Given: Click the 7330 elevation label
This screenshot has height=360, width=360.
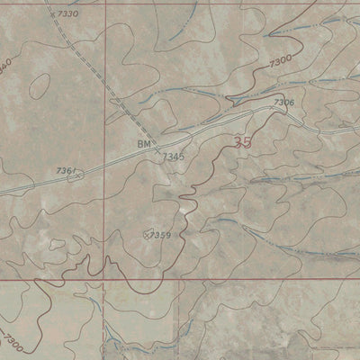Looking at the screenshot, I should click(67, 15).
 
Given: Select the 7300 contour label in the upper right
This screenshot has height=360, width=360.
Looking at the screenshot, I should click(280, 60).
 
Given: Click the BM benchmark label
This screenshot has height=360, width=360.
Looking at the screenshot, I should click(144, 144).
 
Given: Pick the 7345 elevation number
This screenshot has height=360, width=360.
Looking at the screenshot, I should click(174, 157).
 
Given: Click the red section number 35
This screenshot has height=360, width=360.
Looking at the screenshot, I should click(242, 142).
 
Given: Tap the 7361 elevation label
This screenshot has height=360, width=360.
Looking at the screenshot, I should click(65, 170).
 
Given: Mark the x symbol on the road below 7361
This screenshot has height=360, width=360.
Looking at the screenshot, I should click(76, 176).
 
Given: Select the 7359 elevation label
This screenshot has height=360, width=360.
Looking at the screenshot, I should click(161, 235).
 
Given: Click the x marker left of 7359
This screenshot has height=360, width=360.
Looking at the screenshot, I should click(147, 234).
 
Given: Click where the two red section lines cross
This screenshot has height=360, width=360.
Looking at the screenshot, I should click(105, 280).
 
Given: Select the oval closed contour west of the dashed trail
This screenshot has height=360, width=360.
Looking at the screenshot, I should click(39, 86).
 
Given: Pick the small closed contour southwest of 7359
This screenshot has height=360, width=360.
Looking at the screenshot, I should click(58, 244).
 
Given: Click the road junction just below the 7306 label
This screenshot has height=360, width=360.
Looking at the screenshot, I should click(274, 110).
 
